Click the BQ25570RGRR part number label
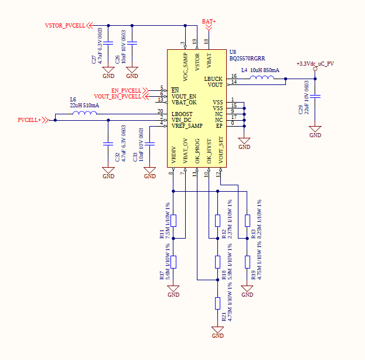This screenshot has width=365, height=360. (247, 59)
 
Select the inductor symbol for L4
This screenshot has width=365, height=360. (262, 77)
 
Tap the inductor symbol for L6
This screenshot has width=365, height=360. (85, 113)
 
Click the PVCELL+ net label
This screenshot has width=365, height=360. (29, 120)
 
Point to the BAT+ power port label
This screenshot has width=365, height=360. (209, 22)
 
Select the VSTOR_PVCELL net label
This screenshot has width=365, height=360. (65, 26)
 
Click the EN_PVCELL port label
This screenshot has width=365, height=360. (126, 90)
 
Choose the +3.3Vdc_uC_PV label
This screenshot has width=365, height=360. (315, 63)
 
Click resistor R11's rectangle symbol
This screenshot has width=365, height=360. (173, 220)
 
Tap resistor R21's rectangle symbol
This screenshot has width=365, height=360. (217, 303)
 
